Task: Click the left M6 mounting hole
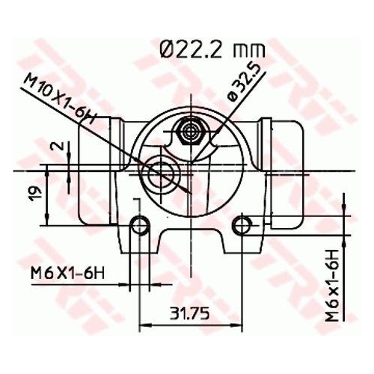tap(139, 224)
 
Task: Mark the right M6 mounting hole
tap(241, 224)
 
